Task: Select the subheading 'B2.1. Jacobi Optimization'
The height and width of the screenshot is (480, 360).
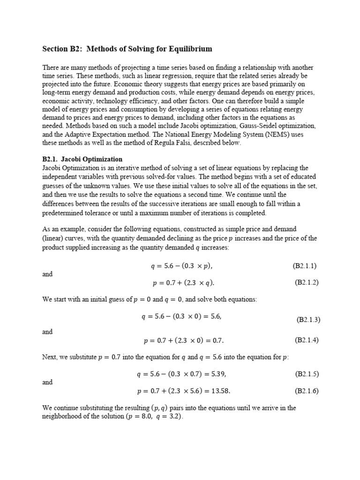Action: click(x=82, y=159)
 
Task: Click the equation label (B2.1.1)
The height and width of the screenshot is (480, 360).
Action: click(x=305, y=266)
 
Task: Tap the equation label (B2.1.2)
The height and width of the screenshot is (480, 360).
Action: click(x=307, y=282)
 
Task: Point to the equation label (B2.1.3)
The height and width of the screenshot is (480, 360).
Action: click(x=308, y=320)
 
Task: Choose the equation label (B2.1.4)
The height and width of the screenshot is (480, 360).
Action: click(x=307, y=340)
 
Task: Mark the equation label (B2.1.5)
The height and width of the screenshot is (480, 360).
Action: click(x=307, y=374)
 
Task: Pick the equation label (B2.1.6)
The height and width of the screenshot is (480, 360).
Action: click(x=307, y=390)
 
